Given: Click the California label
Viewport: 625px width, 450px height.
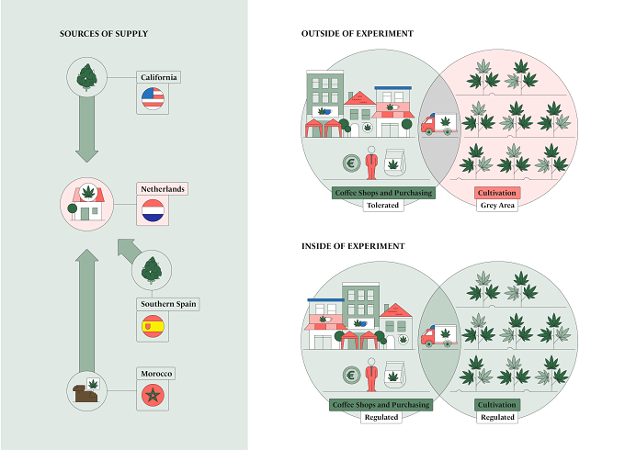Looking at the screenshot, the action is (159, 77).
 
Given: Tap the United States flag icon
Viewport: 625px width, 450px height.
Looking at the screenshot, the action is (153, 98).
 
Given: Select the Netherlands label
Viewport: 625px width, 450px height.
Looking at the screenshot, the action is (163, 189).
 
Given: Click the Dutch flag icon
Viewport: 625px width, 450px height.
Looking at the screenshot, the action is (153, 210).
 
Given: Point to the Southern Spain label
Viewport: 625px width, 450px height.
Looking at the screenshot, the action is (168, 304).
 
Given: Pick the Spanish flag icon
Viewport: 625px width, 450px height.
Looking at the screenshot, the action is (153, 326).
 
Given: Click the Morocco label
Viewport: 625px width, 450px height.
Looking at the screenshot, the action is (156, 374).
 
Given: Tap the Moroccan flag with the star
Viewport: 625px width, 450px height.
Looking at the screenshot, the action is (153, 396).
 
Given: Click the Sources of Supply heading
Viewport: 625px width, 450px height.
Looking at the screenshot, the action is (104, 34).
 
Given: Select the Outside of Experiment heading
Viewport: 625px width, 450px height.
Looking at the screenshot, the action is (358, 34).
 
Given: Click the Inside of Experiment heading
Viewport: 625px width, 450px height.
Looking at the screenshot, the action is (353, 246).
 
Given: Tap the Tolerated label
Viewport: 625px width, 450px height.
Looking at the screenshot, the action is (382, 206).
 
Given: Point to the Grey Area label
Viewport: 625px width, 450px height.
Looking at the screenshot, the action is (497, 206).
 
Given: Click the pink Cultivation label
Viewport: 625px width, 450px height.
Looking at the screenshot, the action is (497, 193).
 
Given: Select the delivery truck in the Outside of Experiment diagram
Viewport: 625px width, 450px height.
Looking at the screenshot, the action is (439, 124).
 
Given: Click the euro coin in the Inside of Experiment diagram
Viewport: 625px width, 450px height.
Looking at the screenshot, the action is (351, 375).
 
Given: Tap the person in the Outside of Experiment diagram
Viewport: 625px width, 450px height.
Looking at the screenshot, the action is (371, 163).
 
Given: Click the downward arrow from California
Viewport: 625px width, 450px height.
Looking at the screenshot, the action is (87, 129).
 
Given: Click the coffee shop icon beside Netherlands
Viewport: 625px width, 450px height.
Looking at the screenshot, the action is (87, 204).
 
